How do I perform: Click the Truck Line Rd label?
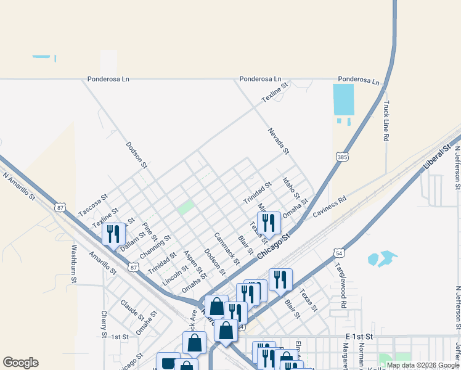click(386, 121)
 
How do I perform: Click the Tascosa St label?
click(93, 205)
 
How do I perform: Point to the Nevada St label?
click(278, 141)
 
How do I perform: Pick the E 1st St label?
click(360, 336)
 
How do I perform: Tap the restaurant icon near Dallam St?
click(113, 234)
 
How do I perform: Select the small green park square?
click(186, 207)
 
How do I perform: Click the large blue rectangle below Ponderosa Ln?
click(343, 99)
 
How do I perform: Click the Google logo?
click(20, 363)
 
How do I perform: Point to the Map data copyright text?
click(422, 365)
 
